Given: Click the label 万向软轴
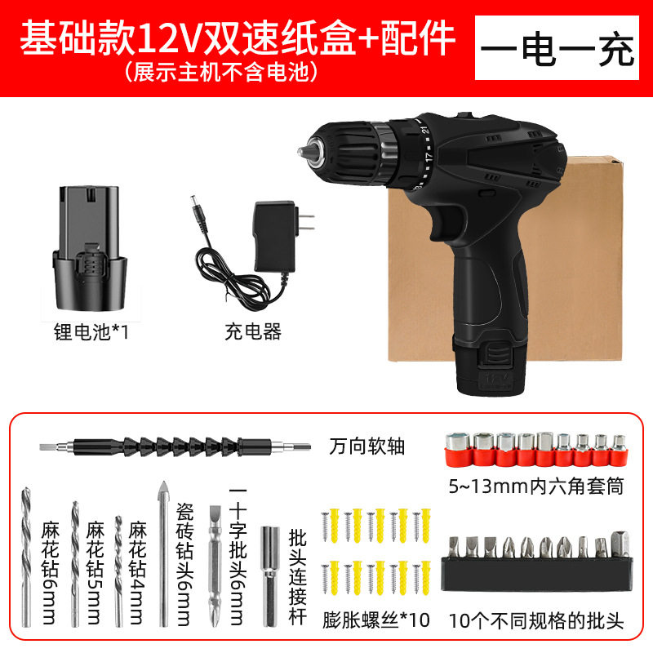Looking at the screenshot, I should coord(367,447).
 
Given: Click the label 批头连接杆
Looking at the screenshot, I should coord(298,575).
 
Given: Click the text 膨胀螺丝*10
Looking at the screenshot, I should coord(376,620).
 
